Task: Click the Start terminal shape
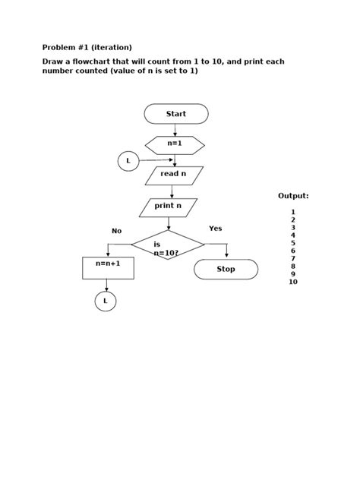[176, 114]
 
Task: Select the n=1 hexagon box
[175, 144]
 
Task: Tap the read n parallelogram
[174, 175]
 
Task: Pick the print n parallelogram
[168, 207]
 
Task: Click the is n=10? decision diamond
[168, 245]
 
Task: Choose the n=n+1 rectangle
[108, 267]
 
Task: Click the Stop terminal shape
[226, 270]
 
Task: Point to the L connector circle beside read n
[128, 161]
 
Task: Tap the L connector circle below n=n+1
[106, 302]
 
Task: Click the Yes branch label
[216, 229]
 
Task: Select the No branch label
[116, 231]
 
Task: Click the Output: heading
[293, 196]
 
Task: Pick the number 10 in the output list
[293, 282]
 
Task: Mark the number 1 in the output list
[293, 212]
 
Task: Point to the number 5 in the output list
[293, 243]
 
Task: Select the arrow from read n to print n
[172, 191]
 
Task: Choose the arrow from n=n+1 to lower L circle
[106, 286]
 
